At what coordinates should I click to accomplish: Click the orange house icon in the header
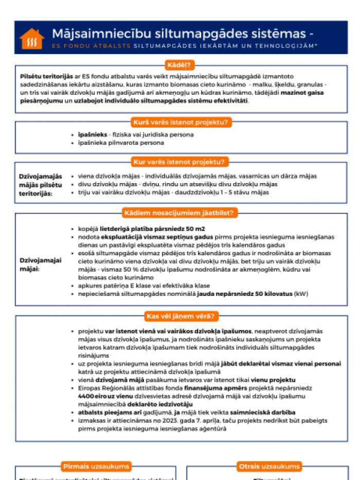(x=32, y=39)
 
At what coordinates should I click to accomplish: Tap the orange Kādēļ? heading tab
(x=179, y=65)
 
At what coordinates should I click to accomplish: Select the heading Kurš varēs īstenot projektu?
(x=179, y=122)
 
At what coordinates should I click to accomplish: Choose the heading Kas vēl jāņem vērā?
(x=179, y=315)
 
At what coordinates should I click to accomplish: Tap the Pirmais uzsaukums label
(x=96, y=466)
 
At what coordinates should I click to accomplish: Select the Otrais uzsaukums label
(x=269, y=466)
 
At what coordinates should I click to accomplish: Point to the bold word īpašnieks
(x=88, y=134)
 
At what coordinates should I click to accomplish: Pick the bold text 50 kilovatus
(x=266, y=294)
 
